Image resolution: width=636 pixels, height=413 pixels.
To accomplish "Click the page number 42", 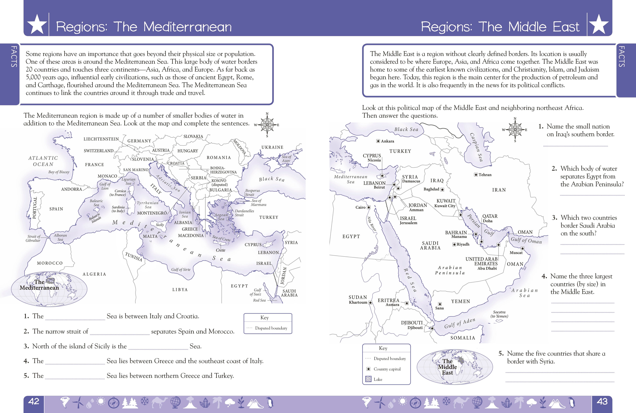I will pyautogui.click(x=34, y=402).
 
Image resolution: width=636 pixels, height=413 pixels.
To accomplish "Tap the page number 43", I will pyautogui.click(x=602, y=402).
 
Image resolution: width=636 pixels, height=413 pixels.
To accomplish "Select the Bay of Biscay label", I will pyautogui.click(x=59, y=172).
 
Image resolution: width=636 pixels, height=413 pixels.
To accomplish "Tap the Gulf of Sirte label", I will pyautogui.click(x=181, y=269).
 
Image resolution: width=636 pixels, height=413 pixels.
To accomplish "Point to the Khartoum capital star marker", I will pyautogui.click(x=370, y=302).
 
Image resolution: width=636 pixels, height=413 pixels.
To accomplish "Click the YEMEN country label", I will pyautogui.click(x=460, y=301).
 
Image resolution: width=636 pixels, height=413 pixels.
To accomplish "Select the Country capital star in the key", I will pyautogui.click(x=368, y=369).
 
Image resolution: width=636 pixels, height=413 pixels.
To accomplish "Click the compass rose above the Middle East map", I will pyautogui.click(x=515, y=130).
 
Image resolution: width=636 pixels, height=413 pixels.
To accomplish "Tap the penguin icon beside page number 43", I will pyautogui.click(x=572, y=402).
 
